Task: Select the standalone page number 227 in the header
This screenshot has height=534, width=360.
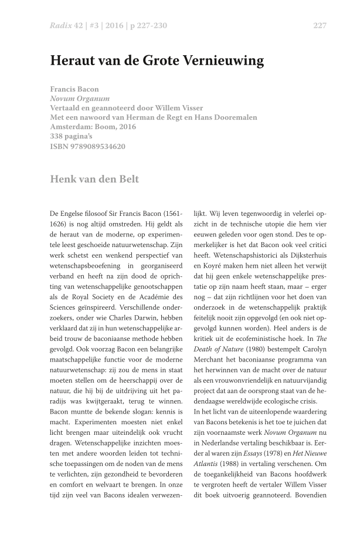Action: point(320,26)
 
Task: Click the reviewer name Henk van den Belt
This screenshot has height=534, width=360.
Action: point(95,179)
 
